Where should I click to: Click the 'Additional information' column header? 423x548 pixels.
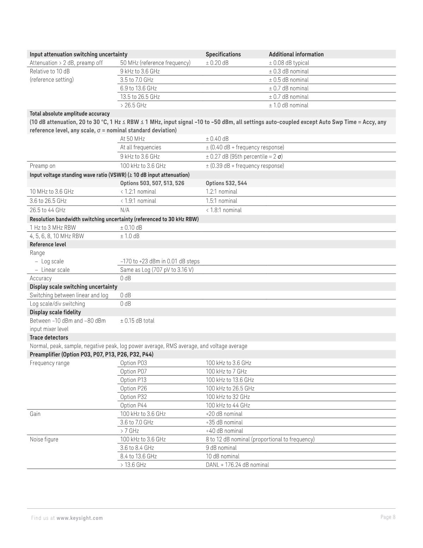click(296, 54)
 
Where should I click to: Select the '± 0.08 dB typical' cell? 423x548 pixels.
click(289, 63)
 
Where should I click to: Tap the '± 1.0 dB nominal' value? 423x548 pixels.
click(288, 105)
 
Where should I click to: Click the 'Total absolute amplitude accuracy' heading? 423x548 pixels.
click(70, 114)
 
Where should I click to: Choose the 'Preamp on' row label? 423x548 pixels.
click(42, 166)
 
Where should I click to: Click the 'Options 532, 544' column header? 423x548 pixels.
click(226, 183)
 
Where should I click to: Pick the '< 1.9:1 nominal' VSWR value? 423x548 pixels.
click(138, 201)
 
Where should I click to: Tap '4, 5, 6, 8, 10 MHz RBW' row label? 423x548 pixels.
click(57, 236)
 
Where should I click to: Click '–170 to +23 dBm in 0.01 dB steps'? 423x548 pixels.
click(160, 261)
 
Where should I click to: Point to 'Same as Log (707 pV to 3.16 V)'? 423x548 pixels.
click(157, 270)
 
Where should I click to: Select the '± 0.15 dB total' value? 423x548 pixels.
click(137, 321)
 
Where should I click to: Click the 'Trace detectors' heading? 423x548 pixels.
click(49, 337)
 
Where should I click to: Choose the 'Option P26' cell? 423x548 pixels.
click(133, 388)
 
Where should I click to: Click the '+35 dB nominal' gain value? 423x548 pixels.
click(224, 422)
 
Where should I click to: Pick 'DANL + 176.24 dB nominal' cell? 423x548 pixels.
click(237, 465)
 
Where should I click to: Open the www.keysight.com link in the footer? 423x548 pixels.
click(80, 518)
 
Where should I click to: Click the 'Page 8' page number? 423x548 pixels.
click(388, 517)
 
